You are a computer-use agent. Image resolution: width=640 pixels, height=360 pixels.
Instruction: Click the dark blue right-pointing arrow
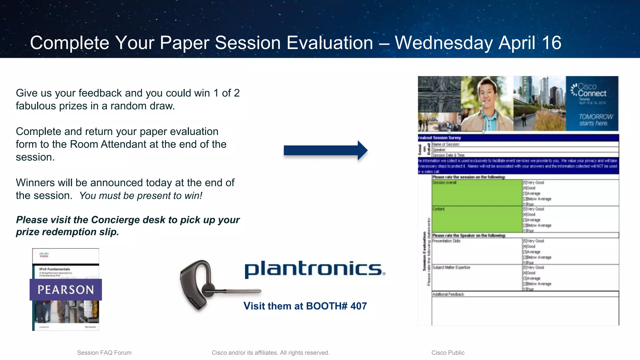pyautogui.click(x=325, y=151)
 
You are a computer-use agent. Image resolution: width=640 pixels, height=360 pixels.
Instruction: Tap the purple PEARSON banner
pyautogui.click(x=66, y=290)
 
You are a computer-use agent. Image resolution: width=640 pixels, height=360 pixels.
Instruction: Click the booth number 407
pyautogui.click(x=358, y=306)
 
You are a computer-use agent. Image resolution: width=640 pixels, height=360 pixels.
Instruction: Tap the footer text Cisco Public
pyautogui.click(x=448, y=353)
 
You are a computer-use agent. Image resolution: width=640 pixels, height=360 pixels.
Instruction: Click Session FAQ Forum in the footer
pyautogui.click(x=104, y=353)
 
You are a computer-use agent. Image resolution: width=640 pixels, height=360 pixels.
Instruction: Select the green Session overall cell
pyautogui.click(x=477, y=192)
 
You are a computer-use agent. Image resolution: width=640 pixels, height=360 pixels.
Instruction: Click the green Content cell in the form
pyautogui.click(x=477, y=219)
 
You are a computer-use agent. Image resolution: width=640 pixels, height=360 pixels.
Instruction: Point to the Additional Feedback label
pyautogui.click(x=448, y=294)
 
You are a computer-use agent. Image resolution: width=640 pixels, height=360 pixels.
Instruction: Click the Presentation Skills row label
pyautogui.click(x=446, y=241)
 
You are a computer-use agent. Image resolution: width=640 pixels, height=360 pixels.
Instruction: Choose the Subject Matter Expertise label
pyautogui.click(x=451, y=267)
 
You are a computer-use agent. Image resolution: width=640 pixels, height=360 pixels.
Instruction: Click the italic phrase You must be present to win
pyautogui.click(x=141, y=196)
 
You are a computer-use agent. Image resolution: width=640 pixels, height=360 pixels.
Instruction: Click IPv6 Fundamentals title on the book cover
pyautogui.click(x=55, y=269)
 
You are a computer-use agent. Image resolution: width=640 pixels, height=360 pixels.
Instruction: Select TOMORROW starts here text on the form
pyautogui.click(x=595, y=120)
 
